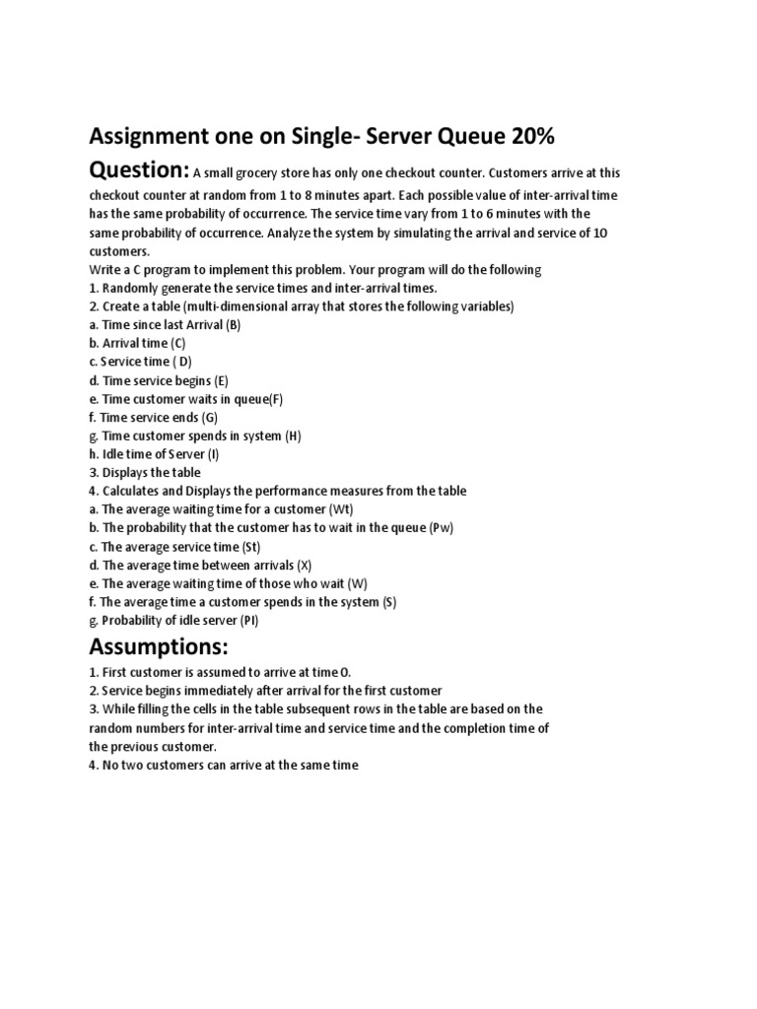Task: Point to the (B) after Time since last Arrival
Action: pos(233,324)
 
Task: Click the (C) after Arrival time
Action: pos(177,343)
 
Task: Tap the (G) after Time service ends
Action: pos(210,417)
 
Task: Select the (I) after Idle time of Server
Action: pos(214,454)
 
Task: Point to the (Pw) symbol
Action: pos(442,528)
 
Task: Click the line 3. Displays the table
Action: pos(145,473)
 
